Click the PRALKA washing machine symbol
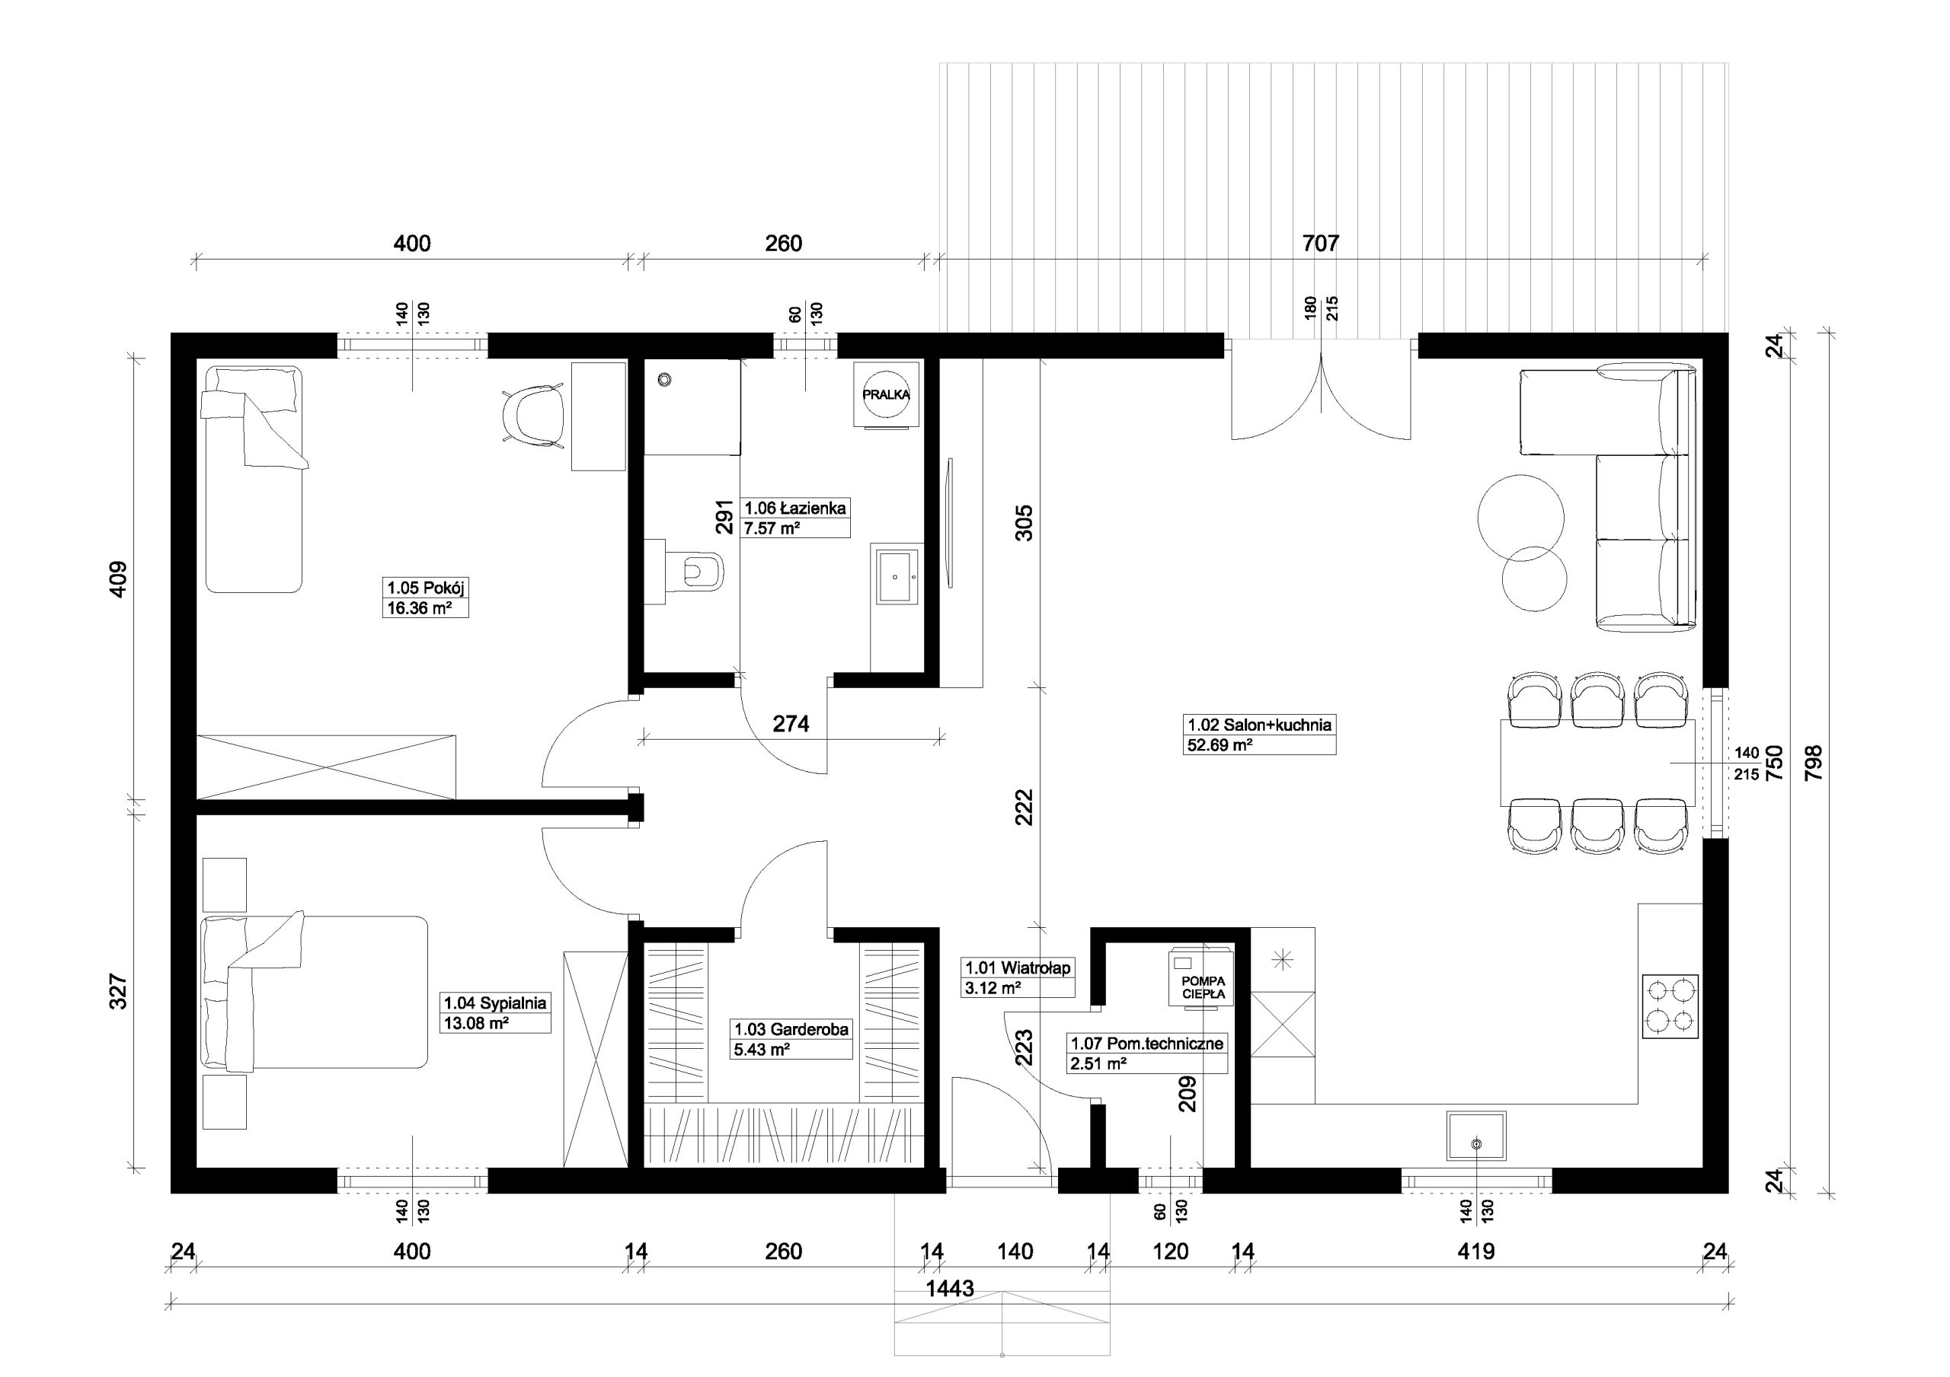click(x=886, y=394)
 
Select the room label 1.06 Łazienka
click(x=795, y=508)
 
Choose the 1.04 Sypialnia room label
click(x=495, y=1002)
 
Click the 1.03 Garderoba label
click(x=791, y=1029)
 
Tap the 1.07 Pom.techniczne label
click(x=1146, y=1044)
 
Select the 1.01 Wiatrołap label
click(x=1018, y=967)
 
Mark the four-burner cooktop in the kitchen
click(x=1670, y=1007)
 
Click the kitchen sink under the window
click(x=1476, y=1136)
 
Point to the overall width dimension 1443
click(x=950, y=1289)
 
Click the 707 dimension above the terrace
click(x=1321, y=244)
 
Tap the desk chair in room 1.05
click(x=533, y=413)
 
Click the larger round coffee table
click(x=1520, y=517)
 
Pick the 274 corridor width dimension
click(x=791, y=723)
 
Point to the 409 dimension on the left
click(x=118, y=579)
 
